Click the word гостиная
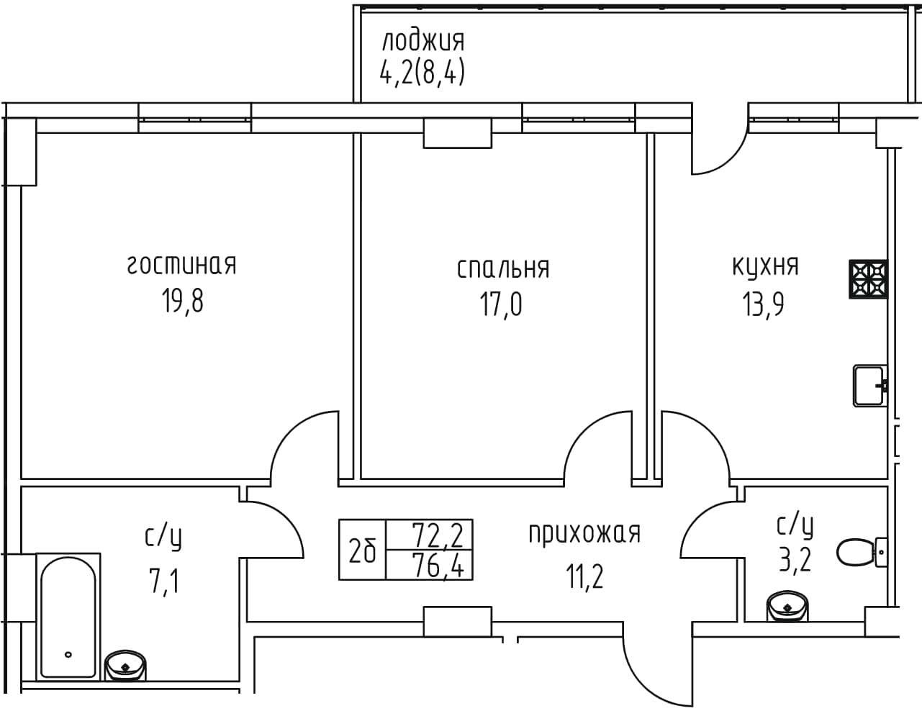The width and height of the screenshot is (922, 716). pyautogui.click(x=181, y=265)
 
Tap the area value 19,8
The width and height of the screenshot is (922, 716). pyautogui.click(x=182, y=300)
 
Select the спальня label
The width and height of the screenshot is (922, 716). pyautogui.click(x=503, y=268)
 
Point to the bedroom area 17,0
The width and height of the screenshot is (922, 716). pyautogui.click(x=501, y=304)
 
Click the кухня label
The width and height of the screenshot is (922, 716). pyautogui.click(x=765, y=266)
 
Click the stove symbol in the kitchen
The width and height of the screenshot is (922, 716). pyautogui.click(x=868, y=279)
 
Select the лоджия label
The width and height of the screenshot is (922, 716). pyautogui.click(x=423, y=41)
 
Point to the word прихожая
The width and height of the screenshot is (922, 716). pyautogui.click(x=584, y=533)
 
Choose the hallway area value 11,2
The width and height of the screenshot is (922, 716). pyautogui.click(x=584, y=576)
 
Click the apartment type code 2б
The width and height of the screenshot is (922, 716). pyautogui.click(x=362, y=550)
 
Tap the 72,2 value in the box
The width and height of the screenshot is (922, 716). pyautogui.click(x=438, y=535)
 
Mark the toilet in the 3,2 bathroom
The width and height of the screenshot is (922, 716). pyautogui.click(x=862, y=552)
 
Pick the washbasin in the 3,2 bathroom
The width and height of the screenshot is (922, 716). pyautogui.click(x=787, y=606)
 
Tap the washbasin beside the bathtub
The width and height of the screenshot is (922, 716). pyautogui.click(x=125, y=666)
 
